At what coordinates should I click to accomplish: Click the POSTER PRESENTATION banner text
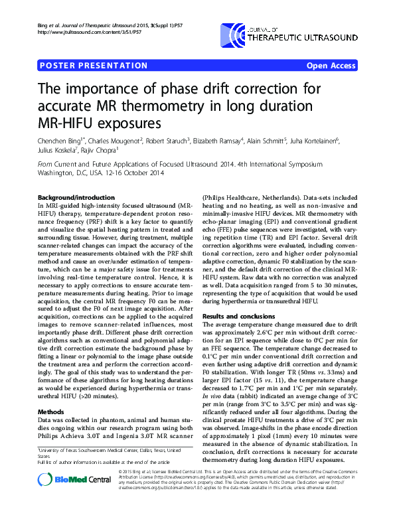point(93,66)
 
